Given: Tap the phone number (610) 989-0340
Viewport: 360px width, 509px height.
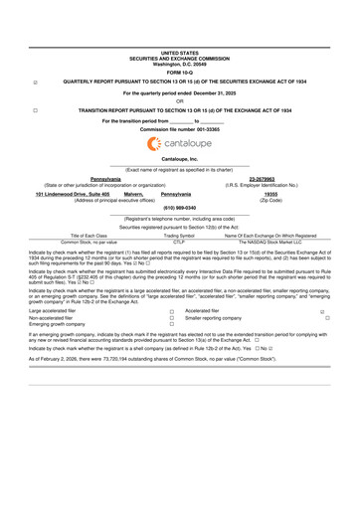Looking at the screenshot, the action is point(180,207).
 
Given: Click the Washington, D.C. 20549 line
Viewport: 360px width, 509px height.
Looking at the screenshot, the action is point(180,63).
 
